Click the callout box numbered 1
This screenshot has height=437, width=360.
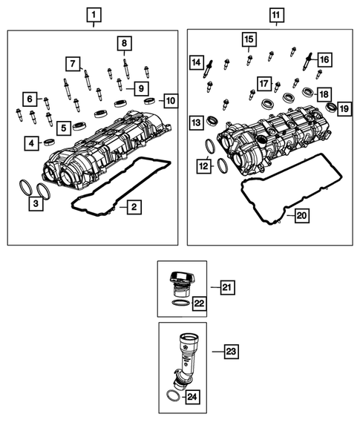tap(93, 14)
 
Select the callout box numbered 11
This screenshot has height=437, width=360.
tap(275, 14)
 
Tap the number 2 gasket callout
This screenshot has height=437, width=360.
tap(131, 208)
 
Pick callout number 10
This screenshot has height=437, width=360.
tap(169, 99)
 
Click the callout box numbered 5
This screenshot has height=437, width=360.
tap(65, 128)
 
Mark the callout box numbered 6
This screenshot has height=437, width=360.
tap(29, 98)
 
